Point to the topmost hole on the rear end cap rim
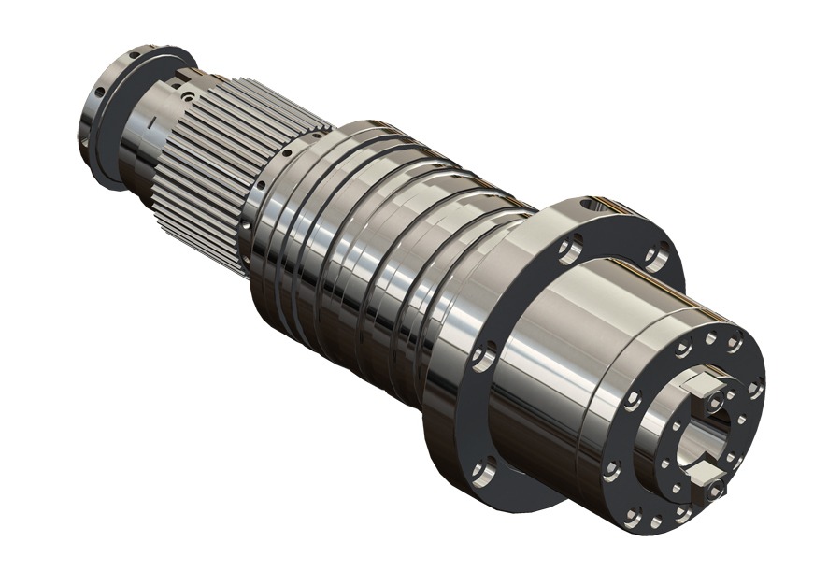(135, 55)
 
